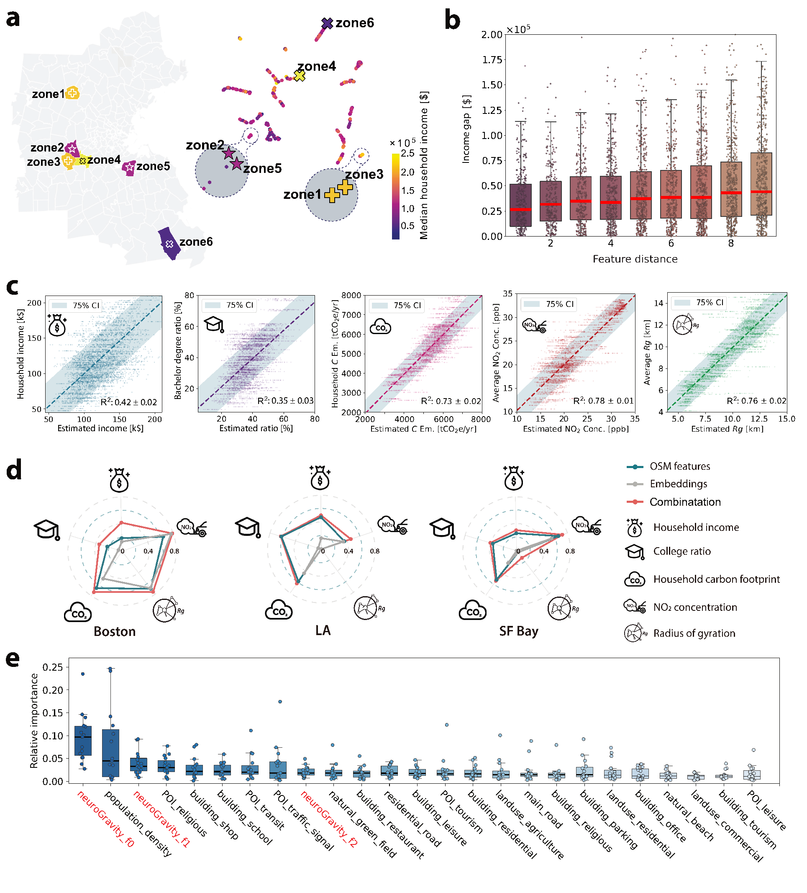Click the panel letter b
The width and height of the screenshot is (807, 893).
pyautogui.click(x=452, y=21)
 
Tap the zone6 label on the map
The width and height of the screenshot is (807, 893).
pyautogui.click(x=196, y=242)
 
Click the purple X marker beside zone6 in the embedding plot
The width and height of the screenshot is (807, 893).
pyautogui.click(x=327, y=23)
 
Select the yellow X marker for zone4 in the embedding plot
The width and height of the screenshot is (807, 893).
pyautogui.click(x=300, y=76)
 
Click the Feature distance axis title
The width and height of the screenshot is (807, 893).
pyautogui.click(x=635, y=259)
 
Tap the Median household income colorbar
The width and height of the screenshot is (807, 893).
pyautogui.click(x=395, y=196)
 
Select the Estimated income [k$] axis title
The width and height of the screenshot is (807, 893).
pyautogui.click(x=100, y=428)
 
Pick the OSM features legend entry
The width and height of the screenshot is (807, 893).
pyautogui.click(x=669, y=466)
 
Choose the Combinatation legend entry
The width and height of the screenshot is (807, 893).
pyautogui.click(x=674, y=502)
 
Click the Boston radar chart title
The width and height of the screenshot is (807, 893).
pyautogui.click(x=115, y=631)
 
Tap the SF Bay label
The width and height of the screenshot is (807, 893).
pyautogui.click(x=519, y=631)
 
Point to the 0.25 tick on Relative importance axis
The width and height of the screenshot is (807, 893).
pyautogui.click(x=53, y=667)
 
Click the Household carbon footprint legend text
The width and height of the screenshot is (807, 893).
pyautogui.click(x=716, y=579)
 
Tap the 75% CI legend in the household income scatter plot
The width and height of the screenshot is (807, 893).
pyautogui.click(x=75, y=306)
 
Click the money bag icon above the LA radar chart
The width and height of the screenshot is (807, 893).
pyautogui.click(x=320, y=478)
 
